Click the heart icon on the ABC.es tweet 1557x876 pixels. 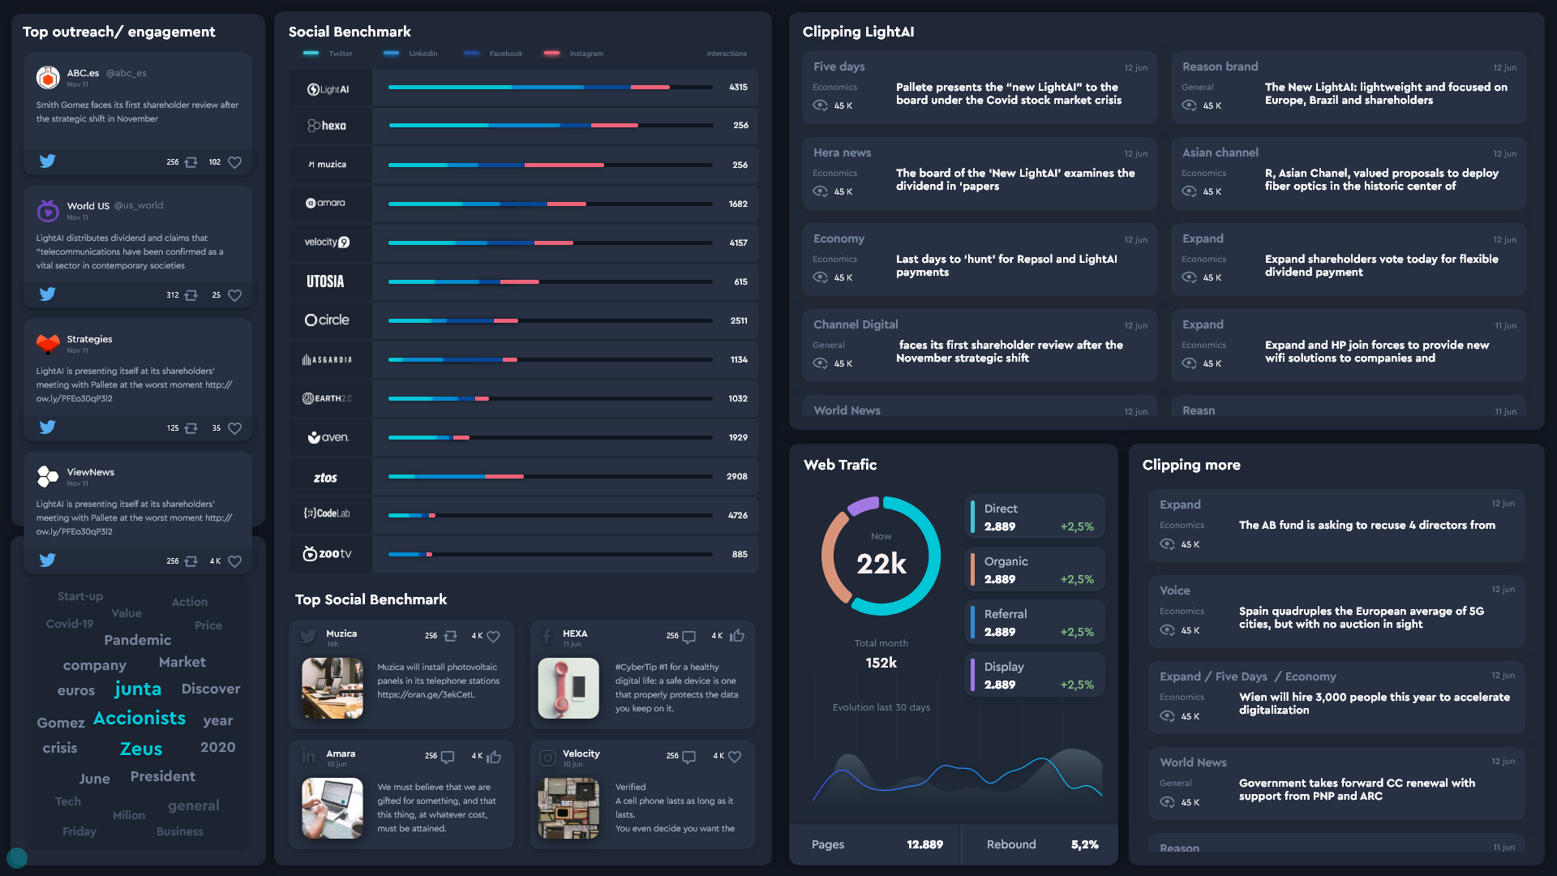click(x=234, y=162)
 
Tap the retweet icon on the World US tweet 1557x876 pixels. click(x=191, y=295)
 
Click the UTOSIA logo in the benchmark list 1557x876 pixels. click(x=325, y=281)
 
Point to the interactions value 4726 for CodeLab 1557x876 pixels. click(x=737, y=515)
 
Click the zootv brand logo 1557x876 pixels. click(x=328, y=554)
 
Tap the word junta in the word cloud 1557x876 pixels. click(x=138, y=689)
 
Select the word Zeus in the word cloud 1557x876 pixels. click(x=141, y=749)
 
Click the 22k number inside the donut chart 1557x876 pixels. click(x=881, y=563)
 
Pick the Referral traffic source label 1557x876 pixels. click(x=1006, y=614)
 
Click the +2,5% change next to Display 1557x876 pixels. click(x=1077, y=685)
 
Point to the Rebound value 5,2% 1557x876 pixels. click(x=1084, y=844)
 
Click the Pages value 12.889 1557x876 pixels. click(x=924, y=844)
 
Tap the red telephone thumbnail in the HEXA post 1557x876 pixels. click(x=568, y=688)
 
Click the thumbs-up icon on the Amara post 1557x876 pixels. click(x=494, y=757)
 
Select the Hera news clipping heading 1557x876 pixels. click(x=842, y=152)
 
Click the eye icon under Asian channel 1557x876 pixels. click(x=1189, y=191)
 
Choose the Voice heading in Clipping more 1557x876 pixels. click(x=1174, y=590)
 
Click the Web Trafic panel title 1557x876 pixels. click(x=840, y=465)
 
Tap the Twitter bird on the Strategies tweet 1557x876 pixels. click(x=48, y=427)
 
